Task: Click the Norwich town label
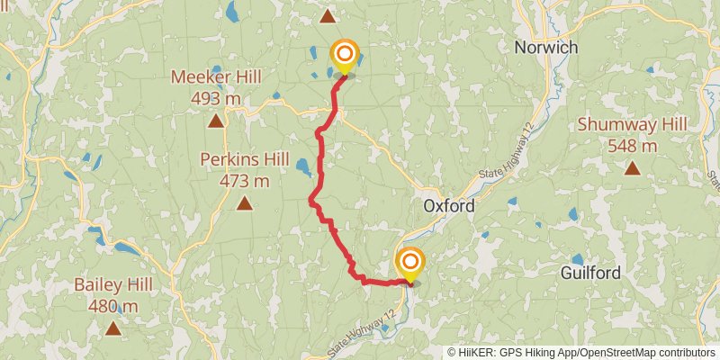545,47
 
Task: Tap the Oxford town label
448,206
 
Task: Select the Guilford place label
591,272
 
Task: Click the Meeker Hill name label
216,77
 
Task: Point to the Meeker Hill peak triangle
216,121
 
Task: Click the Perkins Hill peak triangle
244,203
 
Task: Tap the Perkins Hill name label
244,160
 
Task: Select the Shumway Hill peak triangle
633,167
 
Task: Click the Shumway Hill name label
633,124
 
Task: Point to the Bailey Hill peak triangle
112,328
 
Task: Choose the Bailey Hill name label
112,284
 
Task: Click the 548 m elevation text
633,145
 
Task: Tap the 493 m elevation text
216,98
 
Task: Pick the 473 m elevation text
244,181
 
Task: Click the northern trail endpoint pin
344,57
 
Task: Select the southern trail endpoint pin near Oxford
409,264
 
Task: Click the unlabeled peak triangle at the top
328,15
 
